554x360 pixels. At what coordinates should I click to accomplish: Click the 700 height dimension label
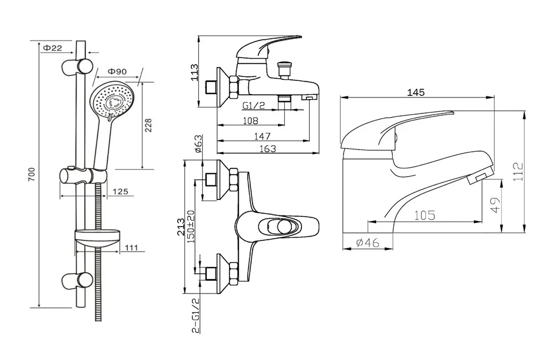[32, 175]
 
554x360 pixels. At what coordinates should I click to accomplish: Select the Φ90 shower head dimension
[117, 71]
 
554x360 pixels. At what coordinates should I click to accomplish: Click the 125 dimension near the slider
[120, 192]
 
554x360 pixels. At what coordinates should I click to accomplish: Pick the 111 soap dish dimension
[131, 249]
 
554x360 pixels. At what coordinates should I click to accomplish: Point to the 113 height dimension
[194, 72]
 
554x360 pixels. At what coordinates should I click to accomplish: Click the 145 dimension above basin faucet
[416, 92]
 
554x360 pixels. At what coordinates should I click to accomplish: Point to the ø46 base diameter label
[367, 243]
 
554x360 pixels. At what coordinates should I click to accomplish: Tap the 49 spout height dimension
[495, 205]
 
